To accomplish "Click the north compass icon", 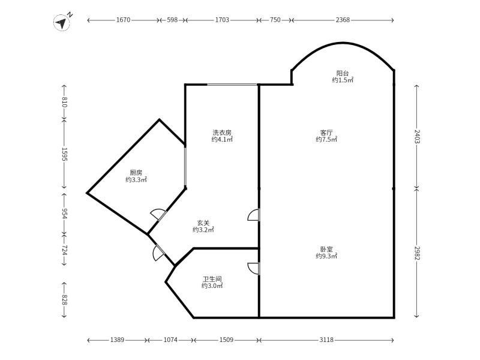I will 62,22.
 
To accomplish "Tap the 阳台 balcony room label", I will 343,73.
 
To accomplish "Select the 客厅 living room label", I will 326,132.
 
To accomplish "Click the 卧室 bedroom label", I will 326,248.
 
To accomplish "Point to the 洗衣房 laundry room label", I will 222,132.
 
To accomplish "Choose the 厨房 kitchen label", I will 136,172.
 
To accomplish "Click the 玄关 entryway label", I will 203,223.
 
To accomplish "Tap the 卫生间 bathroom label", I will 212,279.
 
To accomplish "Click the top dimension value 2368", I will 343,20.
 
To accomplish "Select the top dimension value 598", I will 172,20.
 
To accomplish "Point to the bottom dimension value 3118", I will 326,340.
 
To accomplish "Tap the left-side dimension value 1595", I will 64,155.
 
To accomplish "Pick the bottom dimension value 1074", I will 170,340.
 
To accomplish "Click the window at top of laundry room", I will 233,85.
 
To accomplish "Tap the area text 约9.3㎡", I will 326,256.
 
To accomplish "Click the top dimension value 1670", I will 123,20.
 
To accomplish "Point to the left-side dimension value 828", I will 64,299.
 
